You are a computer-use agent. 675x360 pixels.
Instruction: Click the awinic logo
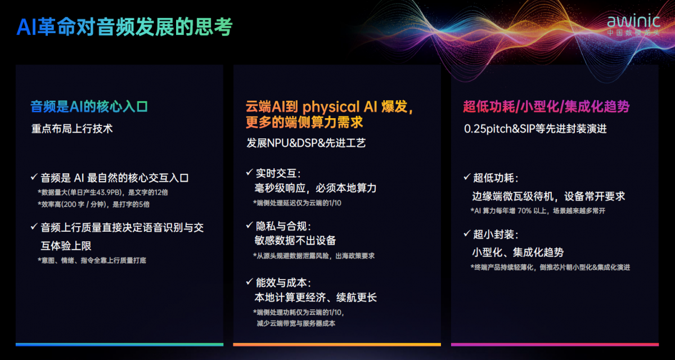(633, 24)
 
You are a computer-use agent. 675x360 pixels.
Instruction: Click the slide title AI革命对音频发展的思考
(124, 27)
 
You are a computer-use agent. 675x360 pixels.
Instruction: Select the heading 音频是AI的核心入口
(89, 107)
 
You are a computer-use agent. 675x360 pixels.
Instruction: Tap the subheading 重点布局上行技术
(72, 129)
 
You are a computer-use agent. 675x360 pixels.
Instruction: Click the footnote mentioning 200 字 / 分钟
(93, 204)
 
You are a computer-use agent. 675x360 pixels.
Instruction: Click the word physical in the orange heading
(331, 107)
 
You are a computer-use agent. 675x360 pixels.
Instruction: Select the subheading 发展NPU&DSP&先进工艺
(306, 143)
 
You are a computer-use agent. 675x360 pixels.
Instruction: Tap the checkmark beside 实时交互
(249, 172)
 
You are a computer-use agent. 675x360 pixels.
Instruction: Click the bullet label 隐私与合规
(283, 226)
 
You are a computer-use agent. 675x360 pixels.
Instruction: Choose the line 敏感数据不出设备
(295, 240)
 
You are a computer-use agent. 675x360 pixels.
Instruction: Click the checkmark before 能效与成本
(249, 282)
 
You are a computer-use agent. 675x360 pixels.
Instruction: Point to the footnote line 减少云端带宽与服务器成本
(296, 323)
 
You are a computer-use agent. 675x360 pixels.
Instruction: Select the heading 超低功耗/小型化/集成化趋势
(546, 107)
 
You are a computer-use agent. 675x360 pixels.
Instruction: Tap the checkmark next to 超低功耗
(467, 177)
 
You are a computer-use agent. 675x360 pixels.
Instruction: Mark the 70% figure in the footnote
(524, 211)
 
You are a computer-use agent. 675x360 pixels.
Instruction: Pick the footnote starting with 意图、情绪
(92, 260)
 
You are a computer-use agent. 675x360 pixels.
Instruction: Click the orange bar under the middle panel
(337, 344)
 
